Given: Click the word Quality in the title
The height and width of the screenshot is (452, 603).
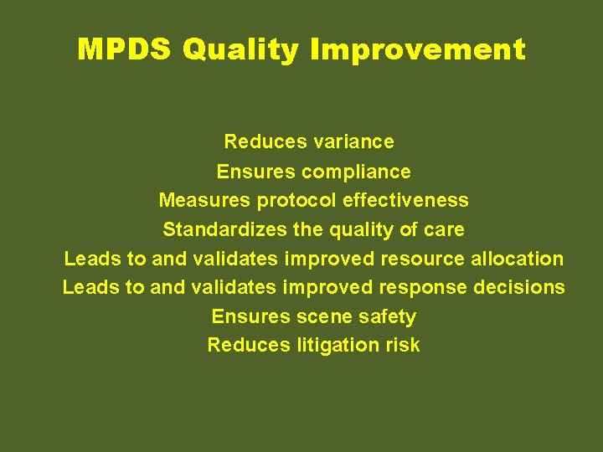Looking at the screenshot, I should pyautogui.click(x=241, y=49).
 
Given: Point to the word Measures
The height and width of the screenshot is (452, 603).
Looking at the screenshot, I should pyautogui.click(x=204, y=201).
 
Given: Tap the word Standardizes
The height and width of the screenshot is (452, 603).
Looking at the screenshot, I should pyautogui.click(x=217, y=229).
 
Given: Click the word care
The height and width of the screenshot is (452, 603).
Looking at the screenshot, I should pyautogui.click(x=445, y=229).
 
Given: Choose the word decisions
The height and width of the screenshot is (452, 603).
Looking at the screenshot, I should pyautogui.click(x=519, y=287).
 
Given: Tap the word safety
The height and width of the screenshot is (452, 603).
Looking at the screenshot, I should pyautogui.click(x=387, y=316).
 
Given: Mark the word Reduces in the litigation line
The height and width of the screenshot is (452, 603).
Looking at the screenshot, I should pyautogui.click(x=249, y=345).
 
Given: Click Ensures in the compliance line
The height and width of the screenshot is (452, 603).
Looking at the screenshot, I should pyautogui.click(x=255, y=172).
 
